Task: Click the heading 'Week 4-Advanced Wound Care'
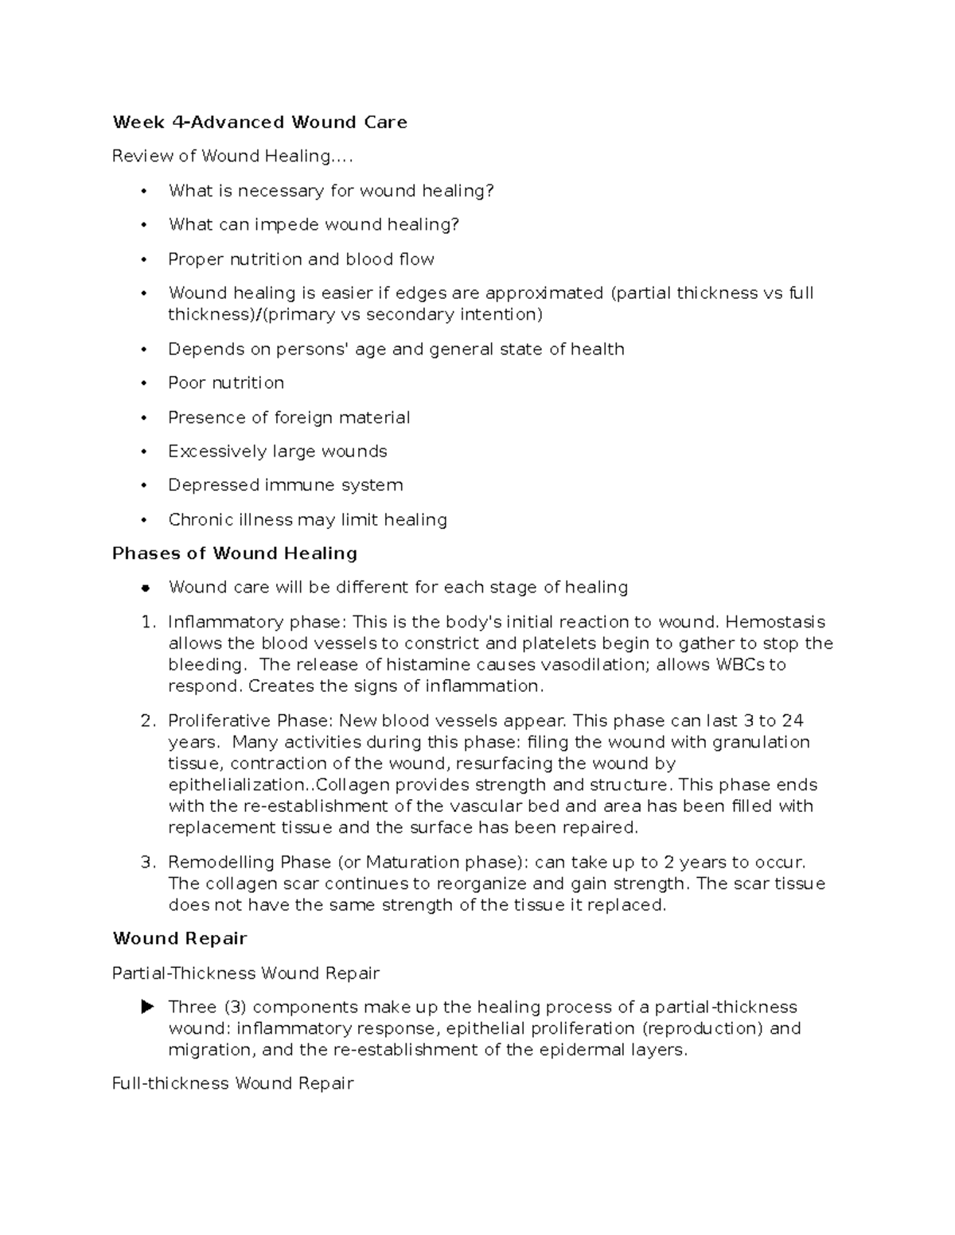tap(259, 122)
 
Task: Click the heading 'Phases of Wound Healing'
tap(235, 553)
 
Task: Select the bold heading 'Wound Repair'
tap(180, 938)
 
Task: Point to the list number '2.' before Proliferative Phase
tap(148, 721)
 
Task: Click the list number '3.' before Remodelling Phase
tap(148, 863)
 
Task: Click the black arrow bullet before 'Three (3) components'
tap(146, 1008)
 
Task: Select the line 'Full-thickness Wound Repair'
tap(232, 1084)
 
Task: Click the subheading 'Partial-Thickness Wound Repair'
tap(246, 973)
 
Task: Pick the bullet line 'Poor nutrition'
tap(226, 383)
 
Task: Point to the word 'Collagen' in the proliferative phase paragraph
tap(350, 785)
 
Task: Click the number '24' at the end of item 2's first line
tap(792, 721)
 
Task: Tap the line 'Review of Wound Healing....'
tap(232, 157)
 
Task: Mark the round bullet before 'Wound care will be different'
tap(145, 588)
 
